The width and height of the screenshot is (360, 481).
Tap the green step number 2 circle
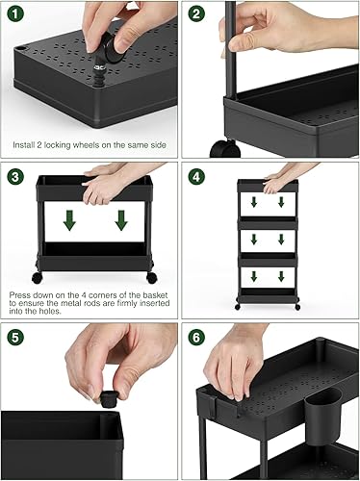click(196, 15)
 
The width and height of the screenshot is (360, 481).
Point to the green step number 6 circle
click(196, 338)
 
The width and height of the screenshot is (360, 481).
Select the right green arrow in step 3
click(121, 220)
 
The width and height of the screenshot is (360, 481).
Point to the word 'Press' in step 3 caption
click(20, 286)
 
